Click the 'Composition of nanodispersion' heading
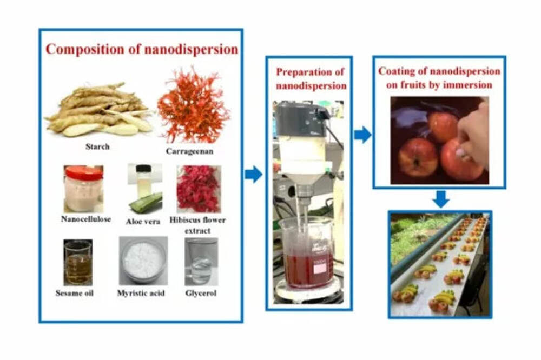pos(142,49)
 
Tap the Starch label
pos(98,146)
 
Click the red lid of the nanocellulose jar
pos(84,172)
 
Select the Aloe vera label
pos(143,221)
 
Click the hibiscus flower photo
pos(198,188)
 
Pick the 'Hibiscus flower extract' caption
pos(197,225)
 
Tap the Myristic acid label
pos(141,294)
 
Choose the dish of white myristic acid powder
pos(143,261)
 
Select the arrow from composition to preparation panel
pos(253,175)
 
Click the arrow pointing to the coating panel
pos(362,135)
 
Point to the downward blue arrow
pos(441,199)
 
